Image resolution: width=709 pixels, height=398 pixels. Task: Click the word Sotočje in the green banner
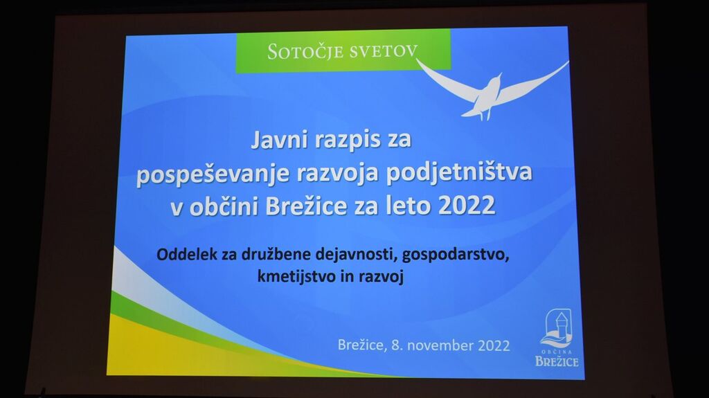305,51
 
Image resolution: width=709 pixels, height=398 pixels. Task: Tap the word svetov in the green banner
382,51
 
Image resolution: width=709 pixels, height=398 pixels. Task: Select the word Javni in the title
278,139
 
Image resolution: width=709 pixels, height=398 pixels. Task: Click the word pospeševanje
213,174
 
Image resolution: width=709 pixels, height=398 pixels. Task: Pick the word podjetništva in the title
460,173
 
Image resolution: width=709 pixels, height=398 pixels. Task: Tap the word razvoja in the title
338,174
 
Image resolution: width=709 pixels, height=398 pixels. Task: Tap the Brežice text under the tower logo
557,361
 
